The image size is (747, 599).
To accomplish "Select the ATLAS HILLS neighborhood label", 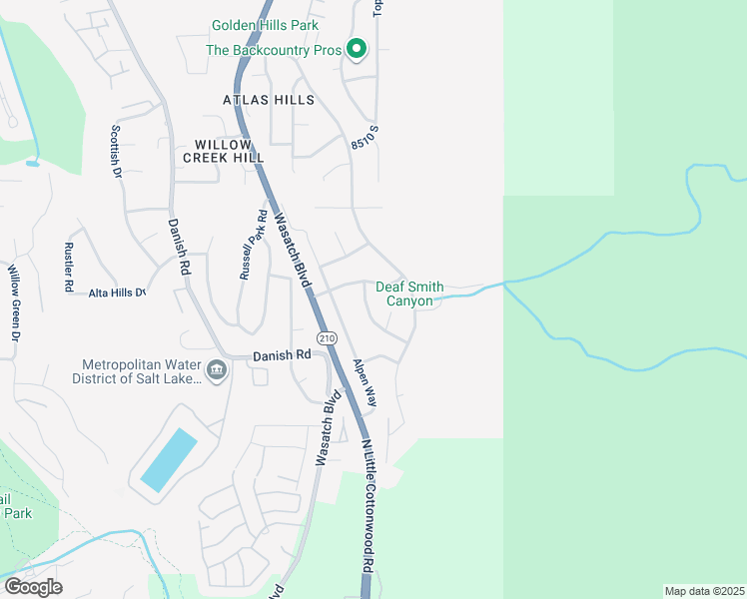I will [269, 100].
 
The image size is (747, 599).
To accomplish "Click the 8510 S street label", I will [366, 138].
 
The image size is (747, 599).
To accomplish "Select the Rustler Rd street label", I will [69, 268].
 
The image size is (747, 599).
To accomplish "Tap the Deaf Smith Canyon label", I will [409, 294].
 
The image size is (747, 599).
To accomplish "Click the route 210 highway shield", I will [327, 338].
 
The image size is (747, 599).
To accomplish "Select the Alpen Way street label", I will [364, 382].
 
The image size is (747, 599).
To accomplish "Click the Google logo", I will [33, 587].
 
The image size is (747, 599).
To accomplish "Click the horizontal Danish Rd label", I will [282, 355].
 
